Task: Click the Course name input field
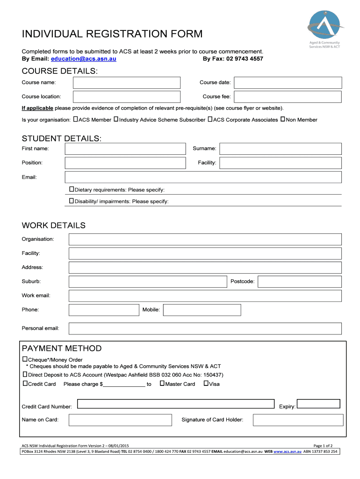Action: (126, 83)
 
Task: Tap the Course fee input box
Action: (288, 97)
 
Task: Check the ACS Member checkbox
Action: (76, 120)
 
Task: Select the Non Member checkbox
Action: (282, 120)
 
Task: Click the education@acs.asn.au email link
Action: (84, 59)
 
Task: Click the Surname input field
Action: (281, 149)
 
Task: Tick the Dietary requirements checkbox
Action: (72, 189)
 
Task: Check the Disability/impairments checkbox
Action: (72, 201)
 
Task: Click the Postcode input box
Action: (299, 282)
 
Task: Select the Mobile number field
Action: (202, 310)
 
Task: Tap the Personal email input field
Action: (205, 328)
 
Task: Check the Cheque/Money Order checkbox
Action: (25, 359)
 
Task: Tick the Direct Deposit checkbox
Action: (25, 375)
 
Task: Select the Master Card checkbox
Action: (162, 384)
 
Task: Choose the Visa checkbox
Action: (206, 384)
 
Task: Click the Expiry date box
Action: (318, 404)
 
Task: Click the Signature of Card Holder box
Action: (296, 420)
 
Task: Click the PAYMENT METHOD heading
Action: (62, 348)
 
